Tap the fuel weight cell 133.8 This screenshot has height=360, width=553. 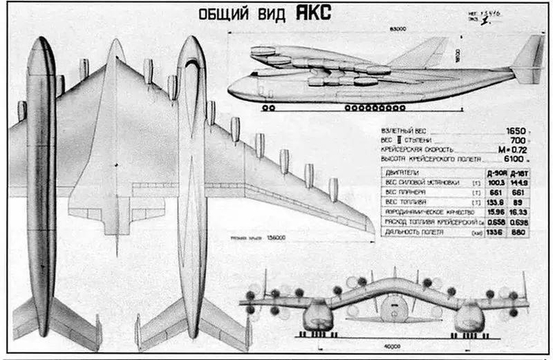click(495, 203)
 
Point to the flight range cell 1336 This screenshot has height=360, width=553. click(495, 234)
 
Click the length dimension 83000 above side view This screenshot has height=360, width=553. click(388, 31)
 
